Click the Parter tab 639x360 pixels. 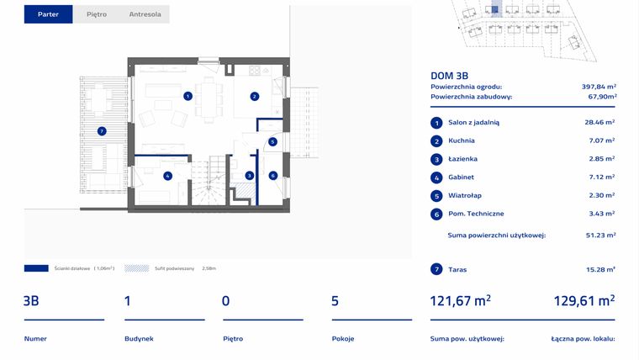point(48,14)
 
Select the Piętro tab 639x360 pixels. point(97,14)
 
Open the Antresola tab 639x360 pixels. point(145,14)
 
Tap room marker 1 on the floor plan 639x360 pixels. point(187,96)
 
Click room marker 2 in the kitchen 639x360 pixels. point(254,97)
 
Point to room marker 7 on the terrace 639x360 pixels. point(101,131)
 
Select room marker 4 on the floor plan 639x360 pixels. point(168,176)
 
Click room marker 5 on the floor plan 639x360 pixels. point(272,141)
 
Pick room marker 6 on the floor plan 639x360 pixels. point(272,176)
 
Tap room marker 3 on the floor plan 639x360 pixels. point(249,176)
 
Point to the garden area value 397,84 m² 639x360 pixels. point(599,87)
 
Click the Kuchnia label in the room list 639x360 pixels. point(462,140)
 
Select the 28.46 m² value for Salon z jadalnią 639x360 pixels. point(600,122)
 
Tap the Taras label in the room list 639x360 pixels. point(458,269)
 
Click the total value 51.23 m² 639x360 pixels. point(600,236)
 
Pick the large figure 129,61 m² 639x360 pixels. point(584,300)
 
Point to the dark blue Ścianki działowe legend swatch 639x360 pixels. point(36,268)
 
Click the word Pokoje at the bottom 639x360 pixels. point(343,338)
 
